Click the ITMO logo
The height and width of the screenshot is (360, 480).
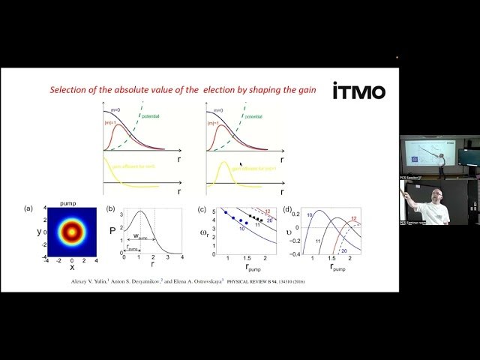360,91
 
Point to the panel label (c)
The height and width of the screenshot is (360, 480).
201,208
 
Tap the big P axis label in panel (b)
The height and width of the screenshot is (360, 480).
112,231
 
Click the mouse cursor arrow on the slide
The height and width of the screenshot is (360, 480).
241,163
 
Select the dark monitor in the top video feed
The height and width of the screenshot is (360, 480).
468,157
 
